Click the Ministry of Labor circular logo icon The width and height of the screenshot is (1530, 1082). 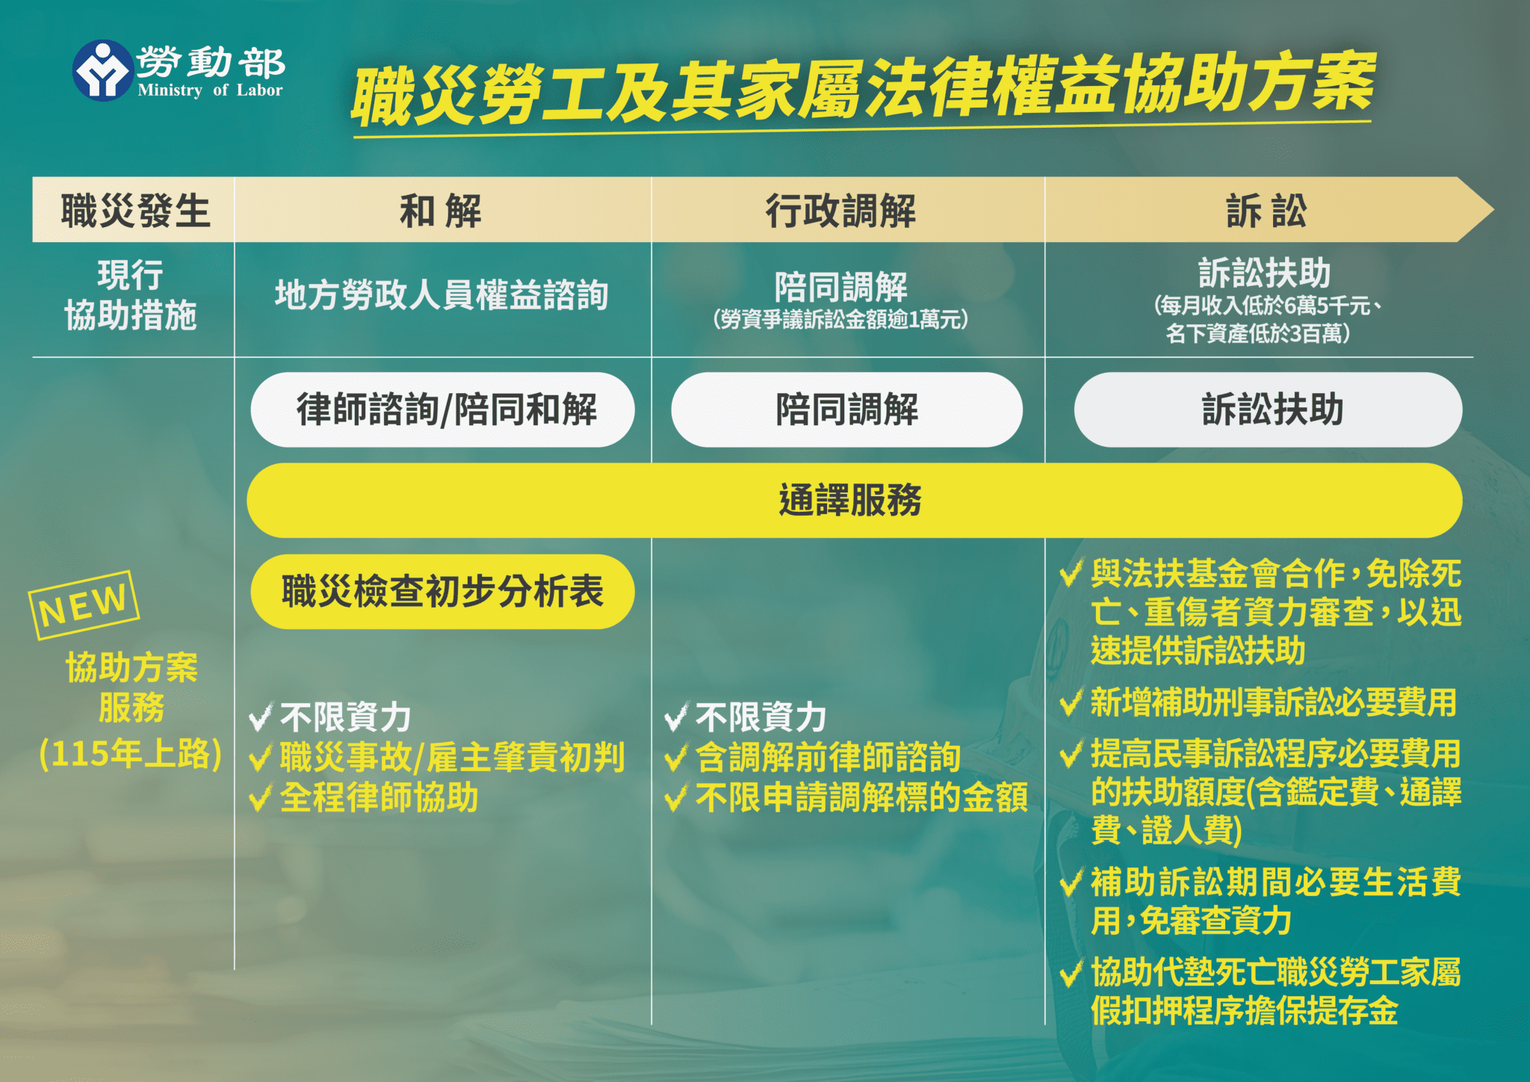click(102, 70)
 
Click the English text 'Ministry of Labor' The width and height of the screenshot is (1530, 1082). click(210, 90)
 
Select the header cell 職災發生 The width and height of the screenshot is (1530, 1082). click(135, 211)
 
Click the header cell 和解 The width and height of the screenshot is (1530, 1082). click(441, 211)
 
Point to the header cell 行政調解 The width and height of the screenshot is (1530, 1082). click(840, 211)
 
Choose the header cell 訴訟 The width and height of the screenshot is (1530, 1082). click(1266, 211)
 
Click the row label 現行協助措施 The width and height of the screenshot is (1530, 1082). click(131, 295)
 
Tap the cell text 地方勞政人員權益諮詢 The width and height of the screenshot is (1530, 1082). click(442, 295)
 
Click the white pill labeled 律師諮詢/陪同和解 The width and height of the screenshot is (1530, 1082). click(443, 409)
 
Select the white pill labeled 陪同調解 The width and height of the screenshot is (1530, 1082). click(846, 409)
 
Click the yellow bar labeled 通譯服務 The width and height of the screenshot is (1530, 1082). click(852, 500)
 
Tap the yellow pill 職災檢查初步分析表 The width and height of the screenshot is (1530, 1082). click(442, 592)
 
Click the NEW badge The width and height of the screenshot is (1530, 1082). click(84, 605)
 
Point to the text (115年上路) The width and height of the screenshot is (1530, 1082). click(131, 754)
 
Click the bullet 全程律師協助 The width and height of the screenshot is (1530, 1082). click(379, 797)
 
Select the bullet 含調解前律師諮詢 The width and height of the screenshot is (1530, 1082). click(828, 757)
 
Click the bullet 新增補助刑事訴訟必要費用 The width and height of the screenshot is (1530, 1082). click(1273, 702)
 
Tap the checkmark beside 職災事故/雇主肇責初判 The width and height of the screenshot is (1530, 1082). click(260, 758)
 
